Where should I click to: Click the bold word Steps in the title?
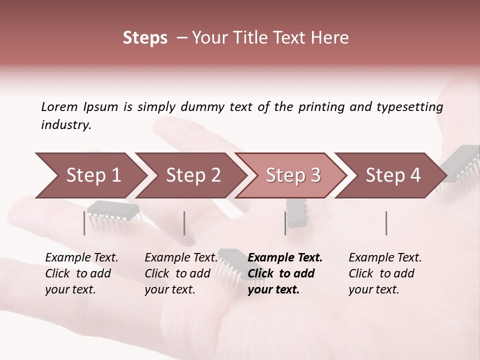click(145, 38)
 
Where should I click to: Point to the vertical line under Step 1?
click(84, 223)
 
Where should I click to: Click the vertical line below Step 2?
click(184, 223)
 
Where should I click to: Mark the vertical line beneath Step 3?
click(285, 223)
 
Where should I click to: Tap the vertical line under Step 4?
click(386, 223)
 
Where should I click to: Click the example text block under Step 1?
click(81, 273)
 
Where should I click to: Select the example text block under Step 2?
click(180, 273)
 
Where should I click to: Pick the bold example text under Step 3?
click(284, 273)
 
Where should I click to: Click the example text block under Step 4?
click(384, 273)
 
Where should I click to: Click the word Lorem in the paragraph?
click(59, 107)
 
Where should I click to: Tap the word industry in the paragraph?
click(65, 124)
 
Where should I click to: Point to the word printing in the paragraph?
click(321, 107)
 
